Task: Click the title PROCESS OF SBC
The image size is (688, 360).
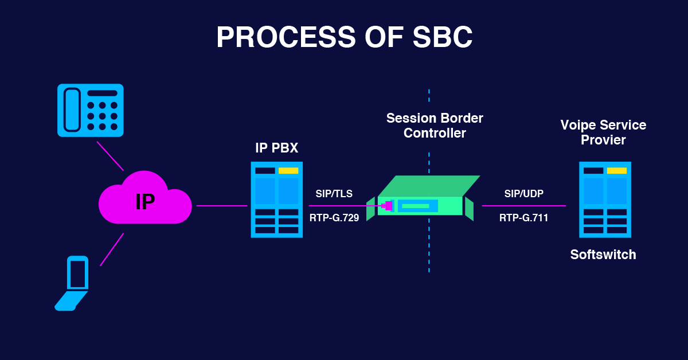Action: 344,38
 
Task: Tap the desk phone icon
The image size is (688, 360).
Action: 91,110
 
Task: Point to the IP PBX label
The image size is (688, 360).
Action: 276,148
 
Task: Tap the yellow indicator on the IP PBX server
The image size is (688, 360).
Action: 288,171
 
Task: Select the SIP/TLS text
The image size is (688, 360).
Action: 334,194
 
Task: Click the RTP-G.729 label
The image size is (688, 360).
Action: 334,218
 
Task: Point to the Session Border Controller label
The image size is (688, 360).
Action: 434,126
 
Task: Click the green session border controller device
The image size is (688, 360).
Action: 424,198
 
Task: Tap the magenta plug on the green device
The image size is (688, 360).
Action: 388,205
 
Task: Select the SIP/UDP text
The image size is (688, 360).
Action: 523,194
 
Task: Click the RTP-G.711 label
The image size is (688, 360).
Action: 523,218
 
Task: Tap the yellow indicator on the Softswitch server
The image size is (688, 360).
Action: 616,171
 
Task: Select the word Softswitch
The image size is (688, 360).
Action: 603,255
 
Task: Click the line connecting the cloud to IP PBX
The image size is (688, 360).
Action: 221,205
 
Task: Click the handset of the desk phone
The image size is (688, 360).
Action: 72,109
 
